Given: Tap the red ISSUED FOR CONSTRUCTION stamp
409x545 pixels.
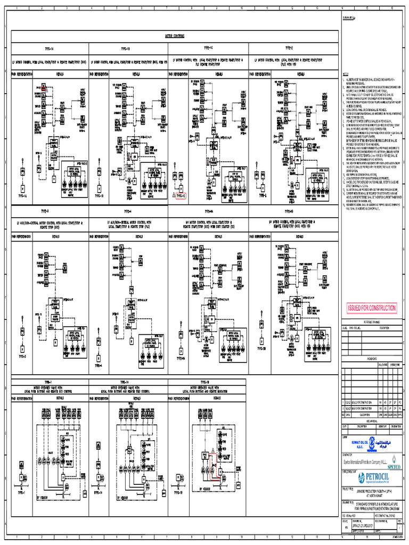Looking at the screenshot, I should coord(372,308).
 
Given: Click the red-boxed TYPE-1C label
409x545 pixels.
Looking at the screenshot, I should coord(181,196).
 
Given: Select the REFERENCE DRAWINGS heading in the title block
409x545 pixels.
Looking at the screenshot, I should coord(372,322).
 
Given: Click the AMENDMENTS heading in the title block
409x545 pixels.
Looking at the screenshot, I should coord(372,359).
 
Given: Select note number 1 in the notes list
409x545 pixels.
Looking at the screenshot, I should coord(344,78).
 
